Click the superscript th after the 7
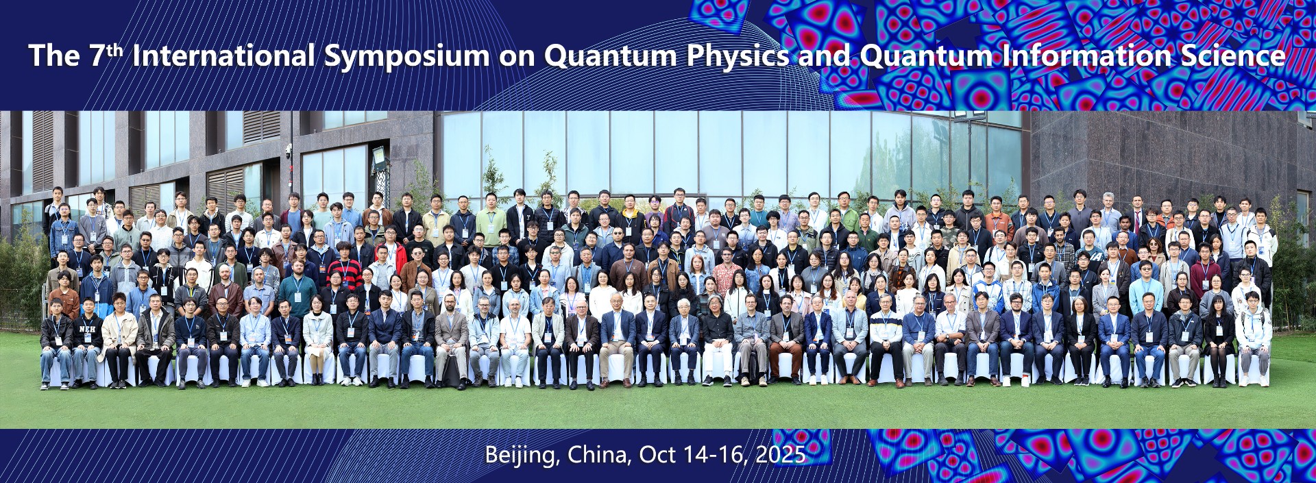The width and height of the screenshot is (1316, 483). click(115, 49)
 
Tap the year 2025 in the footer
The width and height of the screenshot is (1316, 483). click(780, 454)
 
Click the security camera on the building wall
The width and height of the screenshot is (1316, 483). click(289, 149)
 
